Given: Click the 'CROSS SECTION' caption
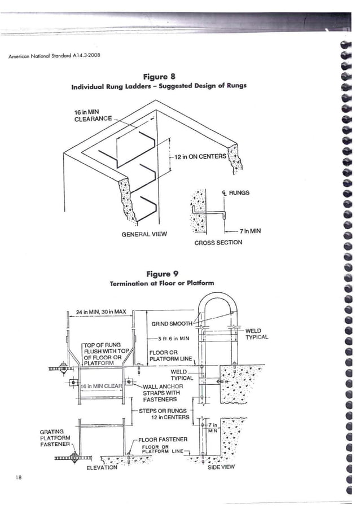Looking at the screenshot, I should point(218,243).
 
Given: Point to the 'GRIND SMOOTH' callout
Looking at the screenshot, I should point(172,324).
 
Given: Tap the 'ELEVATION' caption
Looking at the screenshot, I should point(102,467).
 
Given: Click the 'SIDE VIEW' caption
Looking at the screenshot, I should point(222,467).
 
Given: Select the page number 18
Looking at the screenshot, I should point(19,478).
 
